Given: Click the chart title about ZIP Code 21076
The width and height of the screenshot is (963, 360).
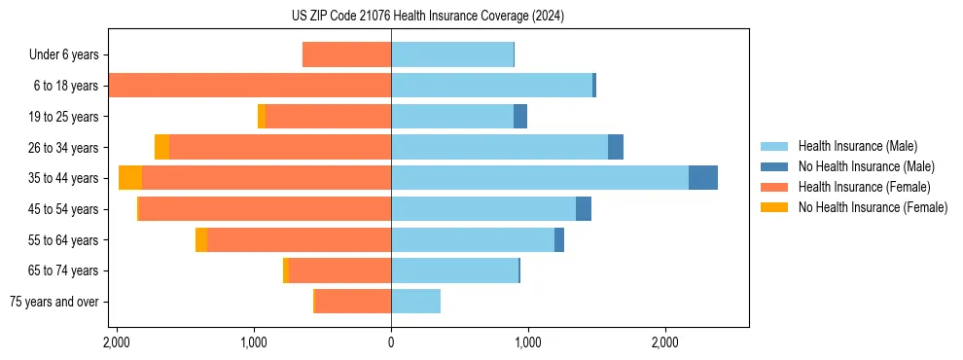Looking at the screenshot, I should pyautogui.click(x=427, y=17).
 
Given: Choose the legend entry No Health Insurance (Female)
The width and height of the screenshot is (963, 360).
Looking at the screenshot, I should pyautogui.click(x=873, y=207).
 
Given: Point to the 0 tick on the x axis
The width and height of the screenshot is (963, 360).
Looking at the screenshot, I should pyautogui.click(x=391, y=342).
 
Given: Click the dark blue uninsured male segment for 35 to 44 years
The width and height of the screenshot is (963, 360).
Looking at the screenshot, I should pyautogui.click(x=703, y=178).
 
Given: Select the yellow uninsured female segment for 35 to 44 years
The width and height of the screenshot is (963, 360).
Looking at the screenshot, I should pyautogui.click(x=130, y=178).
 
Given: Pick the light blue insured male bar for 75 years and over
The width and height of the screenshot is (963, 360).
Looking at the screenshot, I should pyautogui.click(x=415, y=302).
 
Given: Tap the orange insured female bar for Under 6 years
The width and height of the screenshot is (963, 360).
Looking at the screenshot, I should pyautogui.click(x=346, y=54).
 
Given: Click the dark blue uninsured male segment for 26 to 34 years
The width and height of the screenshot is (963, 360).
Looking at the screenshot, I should pyautogui.click(x=616, y=147).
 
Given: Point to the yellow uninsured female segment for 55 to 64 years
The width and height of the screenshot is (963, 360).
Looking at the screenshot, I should pyautogui.click(x=201, y=239).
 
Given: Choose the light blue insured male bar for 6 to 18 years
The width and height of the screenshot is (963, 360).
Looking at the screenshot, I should pyautogui.click(x=491, y=86).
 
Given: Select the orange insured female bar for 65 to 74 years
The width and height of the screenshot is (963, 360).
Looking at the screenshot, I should pyautogui.click(x=339, y=270).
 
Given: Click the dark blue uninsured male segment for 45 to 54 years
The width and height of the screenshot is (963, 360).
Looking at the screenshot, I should pyautogui.click(x=584, y=209).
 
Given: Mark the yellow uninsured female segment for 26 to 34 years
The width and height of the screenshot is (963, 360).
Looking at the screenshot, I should pyautogui.click(x=161, y=147).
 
